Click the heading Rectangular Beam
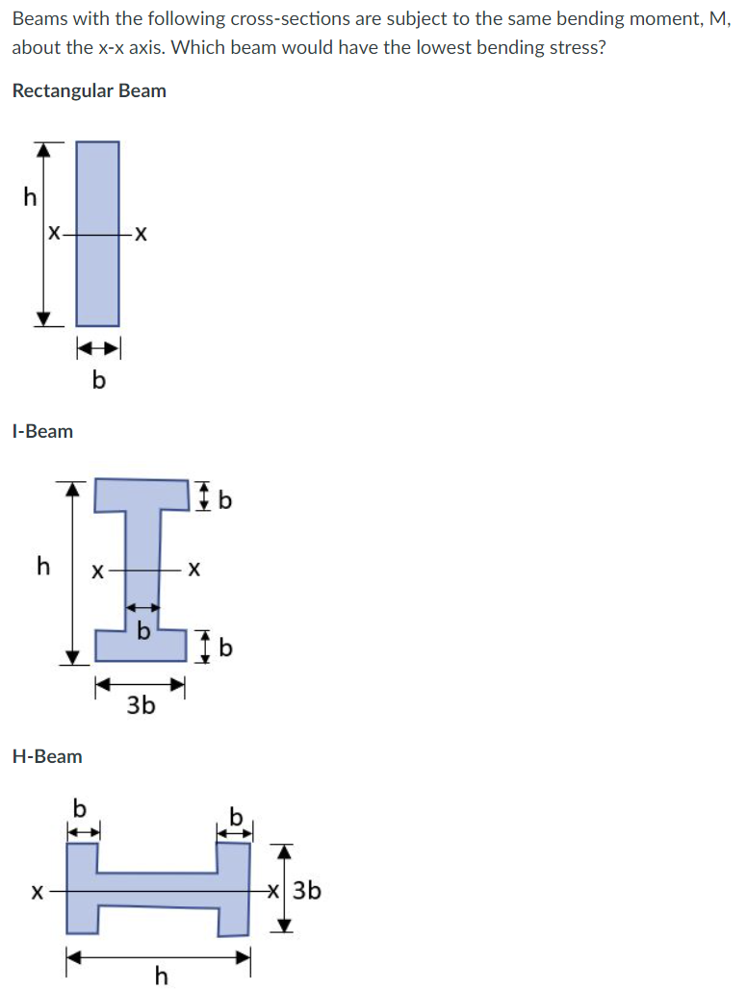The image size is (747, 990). coord(89,91)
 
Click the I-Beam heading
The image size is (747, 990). coord(42,431)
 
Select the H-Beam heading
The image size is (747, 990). coord(47,756)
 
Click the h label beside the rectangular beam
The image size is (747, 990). coord(30,197)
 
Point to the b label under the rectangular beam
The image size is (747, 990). coord(98,381)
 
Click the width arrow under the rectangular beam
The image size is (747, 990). coord(98,346)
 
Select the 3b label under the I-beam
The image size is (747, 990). coord(141,706)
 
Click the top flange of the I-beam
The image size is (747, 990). coord(142,495)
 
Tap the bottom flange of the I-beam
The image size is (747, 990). coord(141,644)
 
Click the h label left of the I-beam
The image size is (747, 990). coord(42,566)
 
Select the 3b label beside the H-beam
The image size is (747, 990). coord(307,891)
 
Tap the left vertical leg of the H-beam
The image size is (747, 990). coord(83,888)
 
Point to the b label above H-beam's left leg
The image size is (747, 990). coord(81,806)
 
